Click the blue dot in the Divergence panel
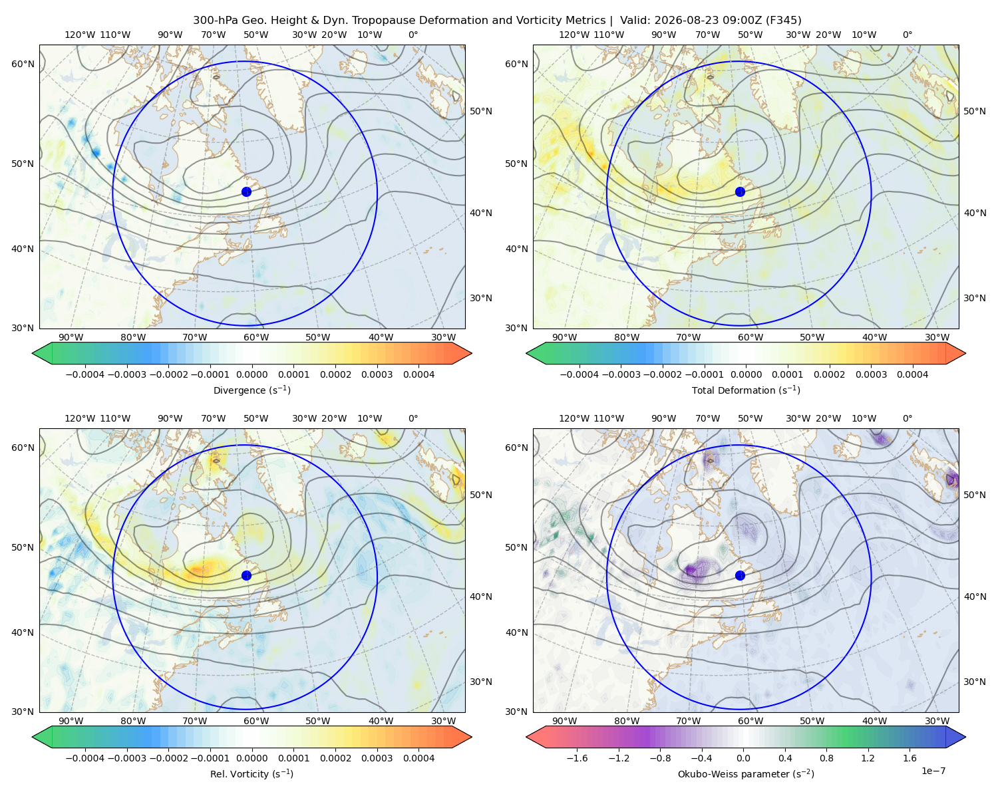pyautogui.click(x=246, y=192)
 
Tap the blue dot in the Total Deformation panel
pyautogui.click(x=740, y=192)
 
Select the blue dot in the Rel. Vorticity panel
pyautogui.click(x=246, y=575)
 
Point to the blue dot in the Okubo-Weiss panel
pyautogui.click(x=740, y=575)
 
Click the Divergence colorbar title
pyautogui.click(x=251, y=390)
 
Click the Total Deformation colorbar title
pyautogui.click(x=746, y=390)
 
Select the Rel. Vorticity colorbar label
pyautogui.click(x=251, y=774)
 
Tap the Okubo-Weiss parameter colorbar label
pyautogui.click(x=746, y=774)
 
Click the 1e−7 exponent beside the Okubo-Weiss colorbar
pyautogui.click(x=933, y=771)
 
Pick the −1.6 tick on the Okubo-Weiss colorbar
pyautogui.click(x=577, y=758)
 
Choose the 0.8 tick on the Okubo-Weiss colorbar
pyautogui.click(x=826, y=758)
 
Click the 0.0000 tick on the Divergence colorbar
pyautogui.click(x=251, y=374)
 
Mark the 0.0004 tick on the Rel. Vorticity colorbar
pyautogui.click(x=418, y=758)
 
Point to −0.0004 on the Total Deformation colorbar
pyautogui.click(x=580, y=374)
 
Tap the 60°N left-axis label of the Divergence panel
pyautogui.click(x=23, y=64)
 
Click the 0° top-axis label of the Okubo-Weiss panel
pyautogui.click(x=907, y=418)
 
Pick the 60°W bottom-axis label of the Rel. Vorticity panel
pyautogui.click(x=256, y=721)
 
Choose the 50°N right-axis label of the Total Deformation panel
pyautogui.click(x=974, y=111)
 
